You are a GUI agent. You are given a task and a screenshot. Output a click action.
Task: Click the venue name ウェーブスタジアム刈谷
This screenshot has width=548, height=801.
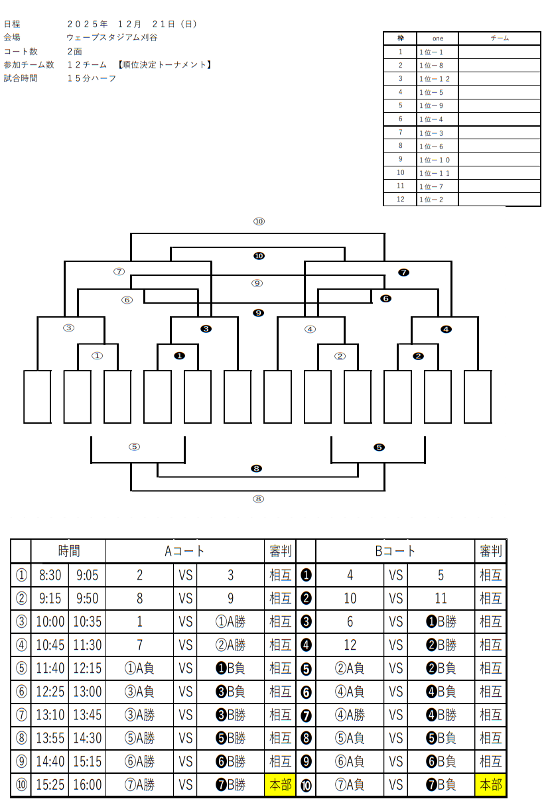tap(112, 38)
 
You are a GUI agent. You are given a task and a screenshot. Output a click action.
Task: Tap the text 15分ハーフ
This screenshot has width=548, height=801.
tap(92, 78)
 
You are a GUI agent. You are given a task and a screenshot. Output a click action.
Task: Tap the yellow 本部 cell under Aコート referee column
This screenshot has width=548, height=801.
tap(279, 785)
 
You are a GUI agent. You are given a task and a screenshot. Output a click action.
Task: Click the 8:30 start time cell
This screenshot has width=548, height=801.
tap(50, 576)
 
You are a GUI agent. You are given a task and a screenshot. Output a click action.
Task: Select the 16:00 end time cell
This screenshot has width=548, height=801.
tap(87, 785)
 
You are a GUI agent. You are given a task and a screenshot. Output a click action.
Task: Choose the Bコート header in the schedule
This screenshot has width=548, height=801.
tap(395, 550)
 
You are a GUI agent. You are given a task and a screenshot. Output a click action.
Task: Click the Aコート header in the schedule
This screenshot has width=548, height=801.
tap(184, 550)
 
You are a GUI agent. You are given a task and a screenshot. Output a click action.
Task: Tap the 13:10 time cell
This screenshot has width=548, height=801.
tap(50, 715)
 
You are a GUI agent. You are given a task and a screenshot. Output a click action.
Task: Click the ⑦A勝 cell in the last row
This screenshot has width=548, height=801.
tap(139, 785)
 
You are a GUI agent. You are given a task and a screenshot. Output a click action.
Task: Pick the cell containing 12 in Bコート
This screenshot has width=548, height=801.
tap(350, 645)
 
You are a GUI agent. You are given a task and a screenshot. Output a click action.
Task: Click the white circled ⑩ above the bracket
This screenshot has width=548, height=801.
tap(259, 221)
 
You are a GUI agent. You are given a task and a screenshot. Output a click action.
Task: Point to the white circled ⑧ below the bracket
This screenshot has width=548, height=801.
tap(258, 499)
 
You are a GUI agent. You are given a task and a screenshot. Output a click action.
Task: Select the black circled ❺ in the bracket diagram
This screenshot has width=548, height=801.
tap(379, 447)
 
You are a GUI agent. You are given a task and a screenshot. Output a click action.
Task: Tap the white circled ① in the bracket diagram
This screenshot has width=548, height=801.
tap(98, 356)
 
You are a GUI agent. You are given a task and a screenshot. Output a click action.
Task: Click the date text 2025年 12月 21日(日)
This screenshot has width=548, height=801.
tap(132, 25)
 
